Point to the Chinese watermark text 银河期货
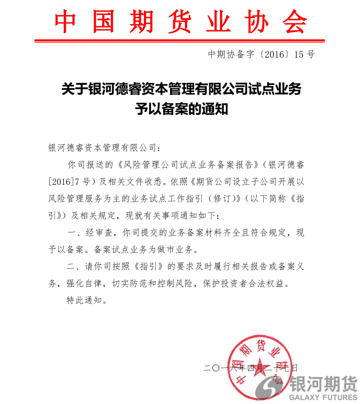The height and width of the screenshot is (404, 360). (323, 383)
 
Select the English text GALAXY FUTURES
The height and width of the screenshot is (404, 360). (323, 397)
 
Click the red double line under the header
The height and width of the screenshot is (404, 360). (181, 40)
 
